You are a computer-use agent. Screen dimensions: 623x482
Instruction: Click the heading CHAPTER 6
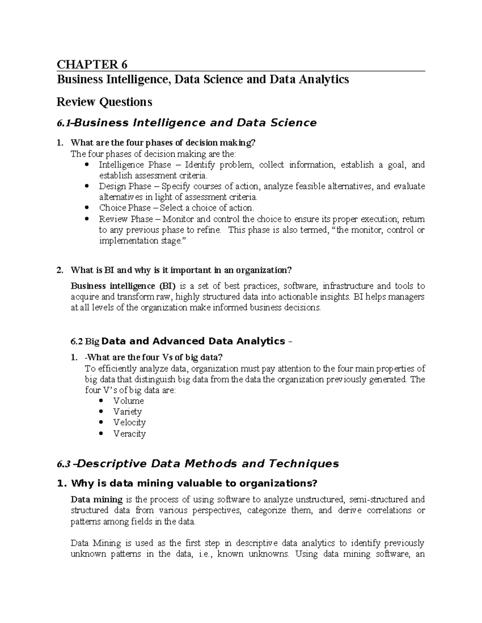tap(92, 64)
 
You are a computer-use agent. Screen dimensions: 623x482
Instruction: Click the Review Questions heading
tap(104, 102)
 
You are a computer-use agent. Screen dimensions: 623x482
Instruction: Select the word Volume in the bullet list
tap(129, 401)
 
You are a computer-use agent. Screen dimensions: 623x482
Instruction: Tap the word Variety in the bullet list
tap(127, 412)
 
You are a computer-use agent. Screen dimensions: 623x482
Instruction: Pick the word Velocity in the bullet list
tap(129, 422)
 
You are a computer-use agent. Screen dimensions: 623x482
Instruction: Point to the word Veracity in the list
tap(129, 434)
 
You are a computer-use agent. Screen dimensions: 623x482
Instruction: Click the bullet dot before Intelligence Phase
tap(87, 165)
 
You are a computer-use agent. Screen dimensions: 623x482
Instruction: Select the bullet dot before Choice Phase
tap(87, 208)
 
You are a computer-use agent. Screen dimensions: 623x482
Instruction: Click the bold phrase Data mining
tap(96, 499)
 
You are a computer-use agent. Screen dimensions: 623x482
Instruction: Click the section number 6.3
tap(64, 464)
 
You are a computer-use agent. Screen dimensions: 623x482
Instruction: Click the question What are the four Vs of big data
tap(154, 357)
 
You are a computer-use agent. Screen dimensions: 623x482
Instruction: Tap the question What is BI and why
tap(181, 270)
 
